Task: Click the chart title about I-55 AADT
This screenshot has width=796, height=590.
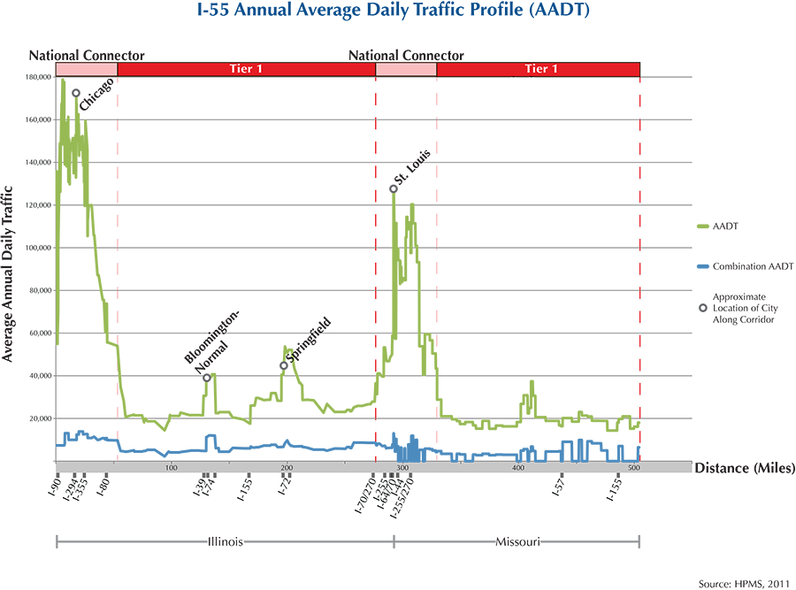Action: [397, 13]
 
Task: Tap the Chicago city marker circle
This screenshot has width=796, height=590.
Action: [76, 93]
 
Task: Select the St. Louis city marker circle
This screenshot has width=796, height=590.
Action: [394, 188]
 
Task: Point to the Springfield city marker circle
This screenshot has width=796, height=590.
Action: [284, 365]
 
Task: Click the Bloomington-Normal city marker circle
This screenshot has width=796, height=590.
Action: [207, 378]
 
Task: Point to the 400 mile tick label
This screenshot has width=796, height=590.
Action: [517, 467]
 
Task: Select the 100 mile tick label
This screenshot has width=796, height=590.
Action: [171, 467]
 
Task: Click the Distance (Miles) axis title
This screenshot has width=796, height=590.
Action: [744, 467]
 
